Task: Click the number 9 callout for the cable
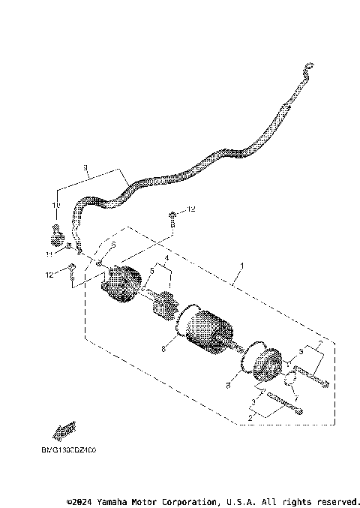click(86, 168)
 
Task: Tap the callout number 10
click(55, 205)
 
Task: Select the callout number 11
click(49, 254)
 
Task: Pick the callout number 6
click(113, 245)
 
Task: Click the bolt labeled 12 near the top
click(173, 218)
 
